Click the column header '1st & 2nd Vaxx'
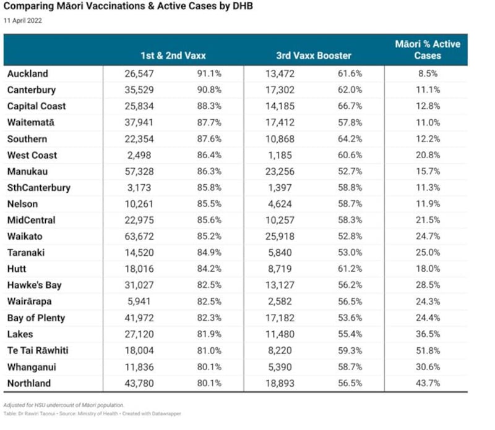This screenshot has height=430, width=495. (173, 56)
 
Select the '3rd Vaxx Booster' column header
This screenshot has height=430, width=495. (314, 56)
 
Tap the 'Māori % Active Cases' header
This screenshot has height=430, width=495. (428, 50)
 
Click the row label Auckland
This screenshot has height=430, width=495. (28, 74)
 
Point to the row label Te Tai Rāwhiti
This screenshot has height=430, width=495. (38, 350)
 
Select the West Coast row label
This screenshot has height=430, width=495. (32, 155)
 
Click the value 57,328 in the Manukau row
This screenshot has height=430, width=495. (139, 172)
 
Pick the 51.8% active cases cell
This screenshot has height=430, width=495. (428, 350)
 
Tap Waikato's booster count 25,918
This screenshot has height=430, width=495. (280, 237)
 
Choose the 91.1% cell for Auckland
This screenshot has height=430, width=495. (209, 74)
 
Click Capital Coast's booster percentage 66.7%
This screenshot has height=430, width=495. (350, 106)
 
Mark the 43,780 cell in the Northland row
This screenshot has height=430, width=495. (139, 383)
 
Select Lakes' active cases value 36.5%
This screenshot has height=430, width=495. (428, 334)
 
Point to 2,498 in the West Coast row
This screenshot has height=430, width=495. (139, 155)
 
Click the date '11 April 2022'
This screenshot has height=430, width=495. (23, 21)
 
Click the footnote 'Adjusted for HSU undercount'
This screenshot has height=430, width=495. (40, 405)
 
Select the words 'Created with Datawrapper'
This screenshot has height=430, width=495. (152, 413)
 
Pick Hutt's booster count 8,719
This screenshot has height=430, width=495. (280, 269)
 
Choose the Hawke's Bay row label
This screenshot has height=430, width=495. (35, 285)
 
